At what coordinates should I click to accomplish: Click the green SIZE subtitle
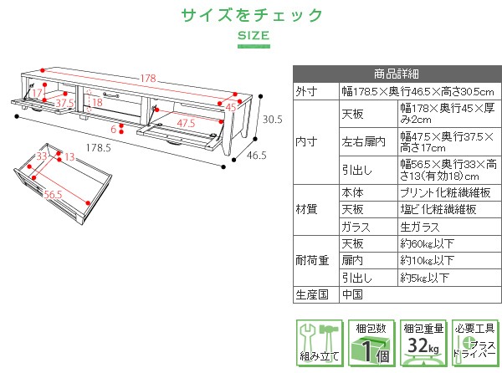[254, 35]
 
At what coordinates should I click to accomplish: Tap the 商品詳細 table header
[397, 74]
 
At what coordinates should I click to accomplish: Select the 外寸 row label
[306, 91]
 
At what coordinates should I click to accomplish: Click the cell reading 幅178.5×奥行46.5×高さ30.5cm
[417, 92]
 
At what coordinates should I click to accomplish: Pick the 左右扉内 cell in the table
[363, 141]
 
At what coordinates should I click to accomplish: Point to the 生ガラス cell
[420, 227]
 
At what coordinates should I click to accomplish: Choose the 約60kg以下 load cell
[427, 243]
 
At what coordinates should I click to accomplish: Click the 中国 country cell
[352, 294]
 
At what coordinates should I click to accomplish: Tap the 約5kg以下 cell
[424, 278]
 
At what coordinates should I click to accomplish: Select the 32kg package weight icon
[423, 343]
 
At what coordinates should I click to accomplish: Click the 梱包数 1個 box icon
[371, 343]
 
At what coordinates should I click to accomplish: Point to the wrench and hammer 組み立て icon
[320, 343]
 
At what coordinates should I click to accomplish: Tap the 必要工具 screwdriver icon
[475, 343]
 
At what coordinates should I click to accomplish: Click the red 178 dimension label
[148, 78]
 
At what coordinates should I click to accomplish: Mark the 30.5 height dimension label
[273, 120]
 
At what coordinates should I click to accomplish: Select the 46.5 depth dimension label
[257, 156]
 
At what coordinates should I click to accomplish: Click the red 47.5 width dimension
[186, 123]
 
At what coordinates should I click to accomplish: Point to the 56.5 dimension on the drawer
[54, 195]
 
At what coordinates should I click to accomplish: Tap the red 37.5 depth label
[64, 104]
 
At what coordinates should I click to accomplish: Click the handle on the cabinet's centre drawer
[111, 95]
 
